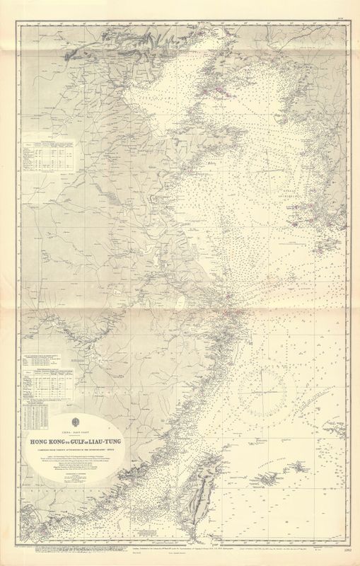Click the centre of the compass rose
pos(263,386)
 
